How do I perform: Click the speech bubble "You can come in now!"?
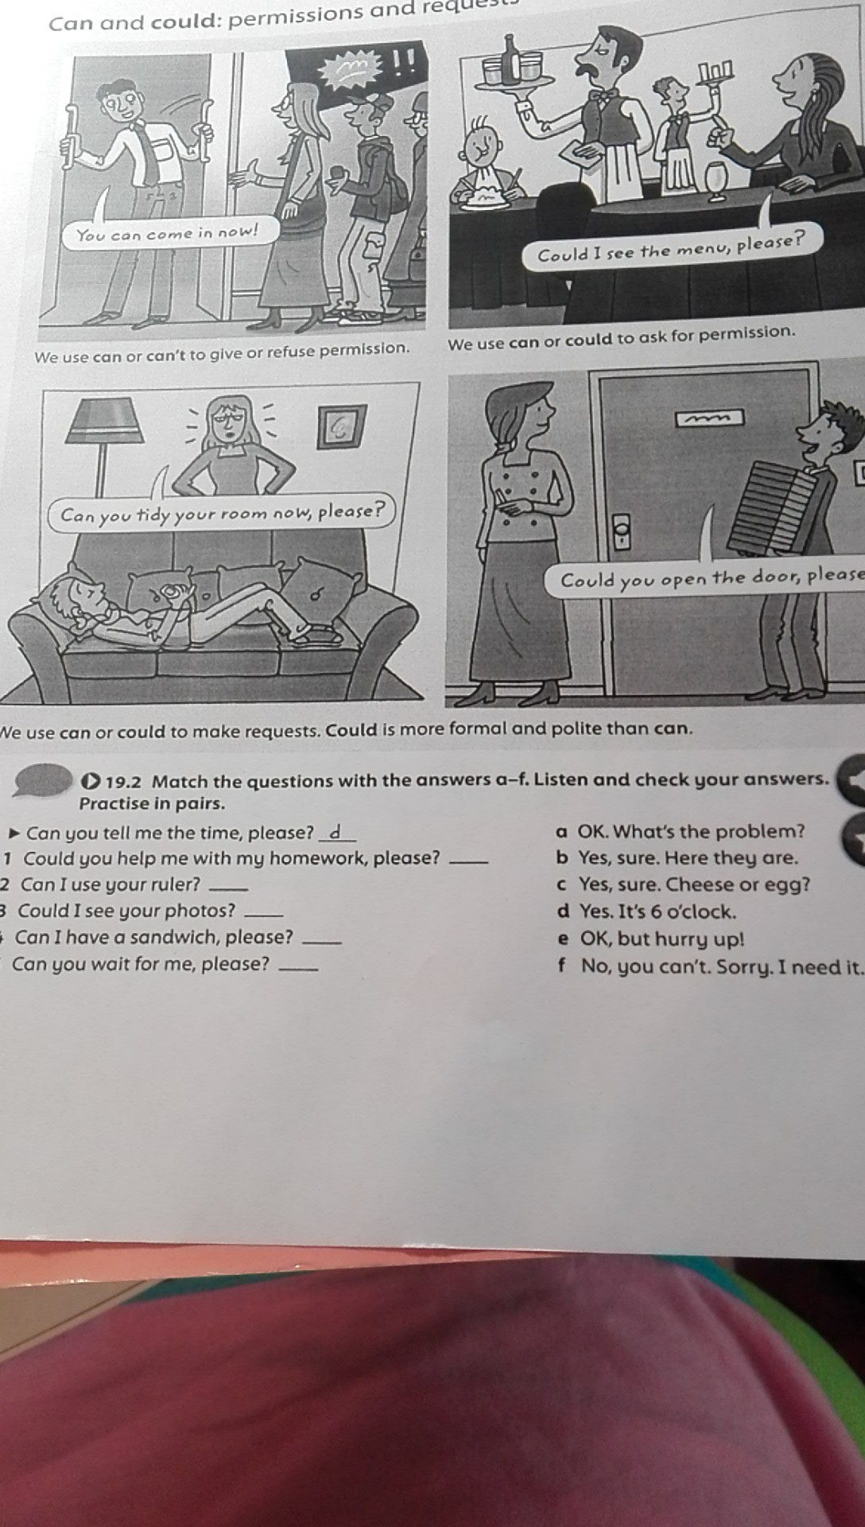[168, 233]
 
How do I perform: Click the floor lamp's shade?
[105, 421]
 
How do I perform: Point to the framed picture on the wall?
[342, 426]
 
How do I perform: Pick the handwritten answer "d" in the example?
[336, 832]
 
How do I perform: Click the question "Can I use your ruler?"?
[111, 884]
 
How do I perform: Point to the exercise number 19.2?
[123, 782]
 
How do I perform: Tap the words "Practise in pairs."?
[152, 803]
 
